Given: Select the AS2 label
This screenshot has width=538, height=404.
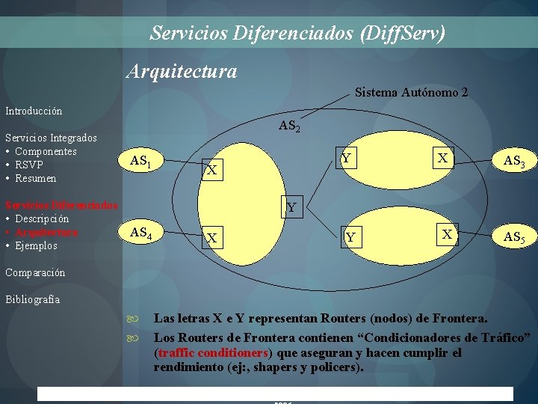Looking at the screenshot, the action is [x=289, y=127].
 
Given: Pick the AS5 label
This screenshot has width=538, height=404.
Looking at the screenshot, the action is [x=513, y=237].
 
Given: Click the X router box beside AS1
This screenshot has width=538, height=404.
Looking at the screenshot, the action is [x=212, y=171].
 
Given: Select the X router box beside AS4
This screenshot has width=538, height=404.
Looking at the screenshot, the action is [x=212, y=239].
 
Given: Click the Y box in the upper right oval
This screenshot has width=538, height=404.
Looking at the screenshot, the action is [x=346, y=159].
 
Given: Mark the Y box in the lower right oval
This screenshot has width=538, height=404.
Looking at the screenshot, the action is [x=350, y=238].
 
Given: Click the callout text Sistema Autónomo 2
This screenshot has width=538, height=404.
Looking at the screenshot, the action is [x=412, y=93].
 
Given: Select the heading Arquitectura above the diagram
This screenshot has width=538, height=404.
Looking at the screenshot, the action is [x=182, y=71].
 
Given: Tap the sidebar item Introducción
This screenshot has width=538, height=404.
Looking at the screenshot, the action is [x=34, y=111].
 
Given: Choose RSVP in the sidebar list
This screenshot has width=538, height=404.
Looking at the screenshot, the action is [x=29, y=165].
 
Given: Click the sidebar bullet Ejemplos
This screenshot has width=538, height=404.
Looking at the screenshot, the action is [x=36, y=245].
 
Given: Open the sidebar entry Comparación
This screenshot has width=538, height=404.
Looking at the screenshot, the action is [x=35, y=272].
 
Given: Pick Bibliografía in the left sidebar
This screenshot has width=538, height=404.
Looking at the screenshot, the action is [x=32, y=299].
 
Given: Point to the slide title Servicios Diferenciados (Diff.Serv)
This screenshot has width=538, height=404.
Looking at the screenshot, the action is [x=297, y=33].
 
